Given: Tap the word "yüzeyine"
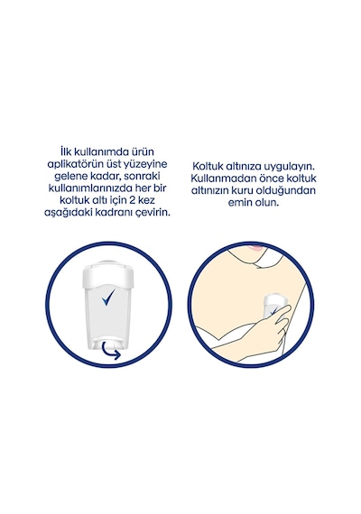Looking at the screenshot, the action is tap(147, 164).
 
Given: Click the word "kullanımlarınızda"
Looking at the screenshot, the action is tap(88, 188).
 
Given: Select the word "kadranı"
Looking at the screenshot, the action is tap(122, 213).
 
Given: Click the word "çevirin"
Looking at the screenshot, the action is tap(156, 213).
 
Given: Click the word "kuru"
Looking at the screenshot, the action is tap(243, 190).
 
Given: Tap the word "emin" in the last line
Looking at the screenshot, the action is tap(239, 203).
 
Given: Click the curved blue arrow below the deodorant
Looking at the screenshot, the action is tap(111, 351).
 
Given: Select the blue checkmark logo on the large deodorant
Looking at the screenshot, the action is tap(108, 298).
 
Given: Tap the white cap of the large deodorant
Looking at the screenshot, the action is tap(108, 274).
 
